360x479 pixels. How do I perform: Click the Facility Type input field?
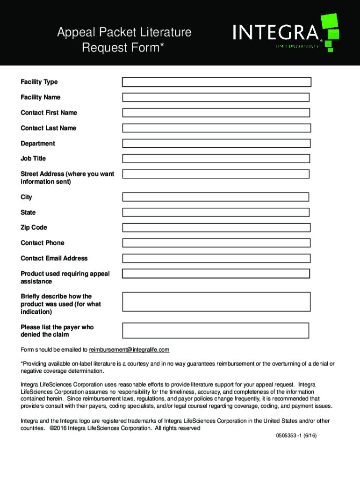tap(216, 82)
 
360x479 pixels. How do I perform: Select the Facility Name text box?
tap(216, 97)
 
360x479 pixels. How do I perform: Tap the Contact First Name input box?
tap(216, 113)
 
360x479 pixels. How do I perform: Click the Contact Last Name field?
tap(216, 128)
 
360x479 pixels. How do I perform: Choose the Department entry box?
tap(216, 144)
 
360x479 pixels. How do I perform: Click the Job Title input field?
tap(216, 159)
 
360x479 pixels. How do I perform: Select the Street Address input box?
tap(216, 174)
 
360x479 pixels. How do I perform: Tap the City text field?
tap(216, 197)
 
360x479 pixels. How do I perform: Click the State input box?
tap(216, 212)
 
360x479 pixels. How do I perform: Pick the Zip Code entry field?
tap(216, 228)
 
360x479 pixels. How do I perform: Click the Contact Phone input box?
tap(216, 243)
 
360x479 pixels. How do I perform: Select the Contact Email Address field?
tap(216, 258)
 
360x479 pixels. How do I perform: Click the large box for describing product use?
tap(216, 302)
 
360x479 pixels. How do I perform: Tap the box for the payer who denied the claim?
tap(216, 330)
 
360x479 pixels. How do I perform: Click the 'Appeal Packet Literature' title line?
tap(124, 33)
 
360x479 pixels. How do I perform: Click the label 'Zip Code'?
tap(34, 228)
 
